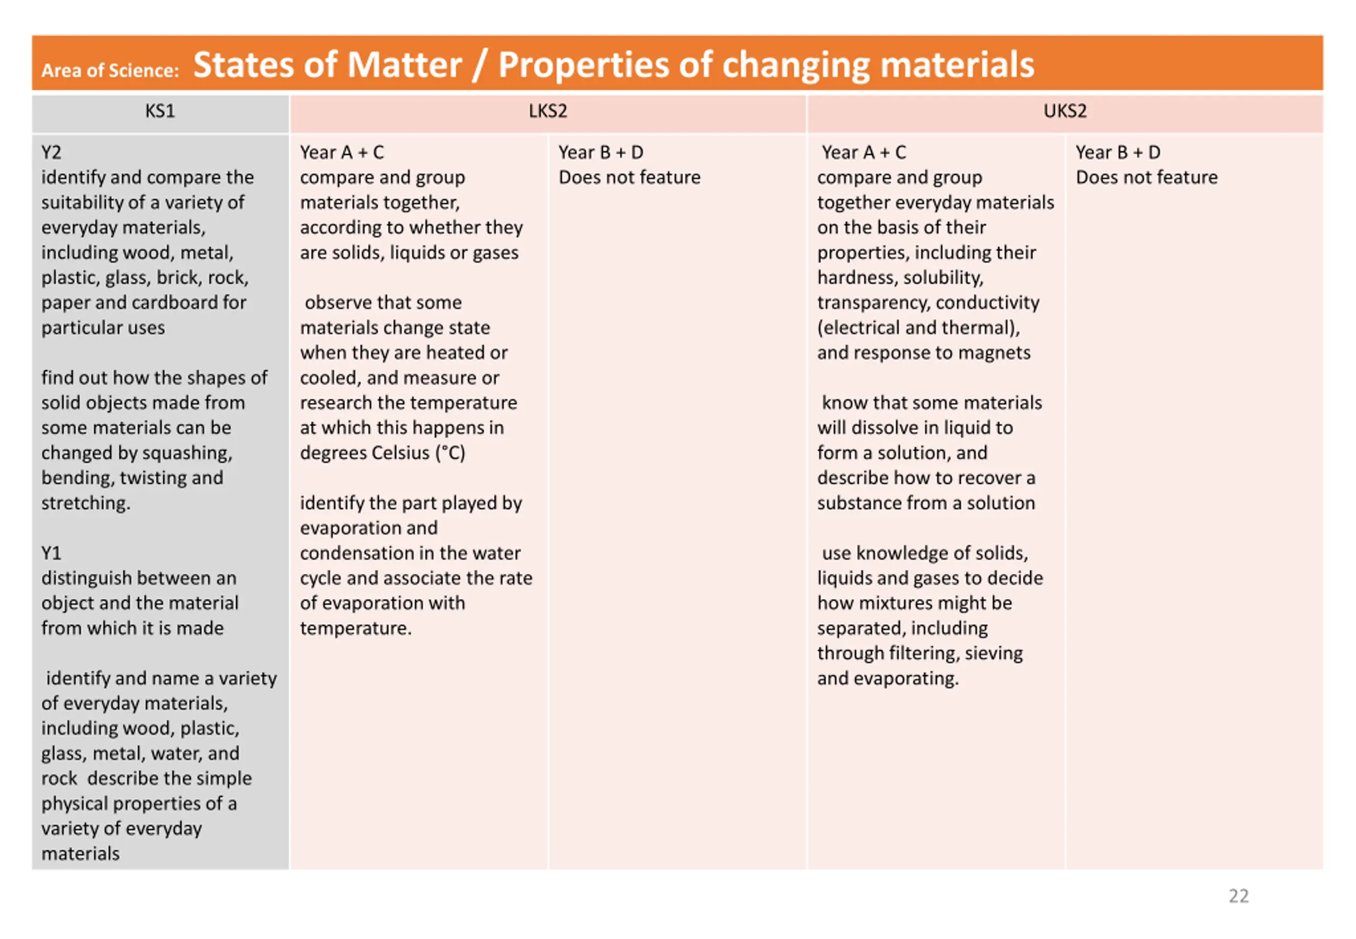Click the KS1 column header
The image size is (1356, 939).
tap(160, 111)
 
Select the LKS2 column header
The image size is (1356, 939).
tap(548, 111)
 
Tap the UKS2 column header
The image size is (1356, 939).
tap(1064, 111)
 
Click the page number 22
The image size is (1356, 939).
tap(1238, 896)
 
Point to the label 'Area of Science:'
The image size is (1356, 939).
tap(110, 70)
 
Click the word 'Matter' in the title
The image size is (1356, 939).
tap(404, 65)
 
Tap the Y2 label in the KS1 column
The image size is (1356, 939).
tap(51, 153)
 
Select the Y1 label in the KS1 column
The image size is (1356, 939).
tap(51, 553)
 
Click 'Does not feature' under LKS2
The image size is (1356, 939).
tap(629, 178)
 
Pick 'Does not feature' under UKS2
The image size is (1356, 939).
tap(1146, 178)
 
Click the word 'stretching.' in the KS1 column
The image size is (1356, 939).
tap(86, 503)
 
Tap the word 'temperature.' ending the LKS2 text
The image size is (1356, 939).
tap(355, 628)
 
